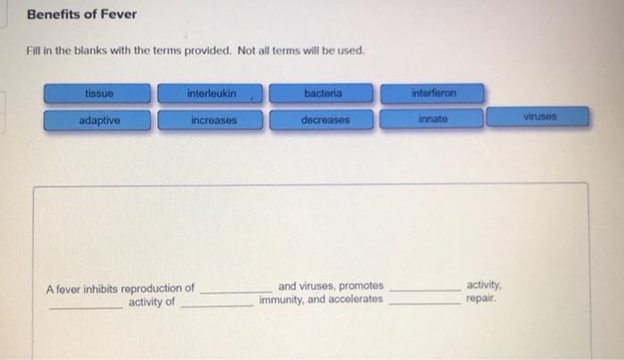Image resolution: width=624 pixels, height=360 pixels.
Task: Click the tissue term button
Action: coord(99,94)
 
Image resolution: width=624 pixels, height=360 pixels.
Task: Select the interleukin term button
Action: coord(211,94)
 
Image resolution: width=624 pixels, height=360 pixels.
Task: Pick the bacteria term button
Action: coord(323,94)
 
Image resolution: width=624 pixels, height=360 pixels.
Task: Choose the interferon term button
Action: coord(433,94)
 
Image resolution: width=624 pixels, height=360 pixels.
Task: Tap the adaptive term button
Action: coord(99,120)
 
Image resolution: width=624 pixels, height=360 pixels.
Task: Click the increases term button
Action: coord(211,120)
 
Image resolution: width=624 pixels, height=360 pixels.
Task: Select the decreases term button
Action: coord(324,120)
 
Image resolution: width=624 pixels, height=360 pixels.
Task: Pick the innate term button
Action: coord(433,119)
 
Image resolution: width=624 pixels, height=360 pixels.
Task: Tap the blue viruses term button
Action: coord(538,118)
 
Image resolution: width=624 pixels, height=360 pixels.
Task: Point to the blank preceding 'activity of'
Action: coord(86,306)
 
